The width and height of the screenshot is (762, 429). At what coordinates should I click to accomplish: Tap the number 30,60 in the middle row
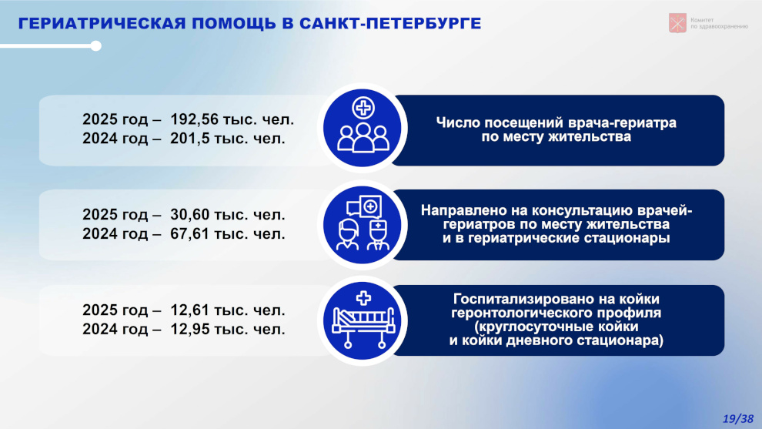(190, 214)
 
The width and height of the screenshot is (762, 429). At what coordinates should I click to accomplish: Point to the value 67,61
(190, 234)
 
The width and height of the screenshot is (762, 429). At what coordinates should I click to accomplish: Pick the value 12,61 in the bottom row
(190, 310)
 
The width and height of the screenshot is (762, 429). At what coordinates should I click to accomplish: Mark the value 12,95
(190, 330)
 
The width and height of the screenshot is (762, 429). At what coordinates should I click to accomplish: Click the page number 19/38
(737, 419)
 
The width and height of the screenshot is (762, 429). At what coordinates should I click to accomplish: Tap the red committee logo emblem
(677, 23)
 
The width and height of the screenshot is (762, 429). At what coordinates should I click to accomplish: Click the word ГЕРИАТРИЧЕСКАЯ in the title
(102, 23)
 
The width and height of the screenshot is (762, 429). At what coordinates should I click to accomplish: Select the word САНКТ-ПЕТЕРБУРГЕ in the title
(390, 23)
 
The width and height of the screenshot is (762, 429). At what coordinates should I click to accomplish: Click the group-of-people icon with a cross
(363, 128)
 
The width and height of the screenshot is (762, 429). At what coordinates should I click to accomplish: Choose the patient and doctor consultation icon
(363, 223)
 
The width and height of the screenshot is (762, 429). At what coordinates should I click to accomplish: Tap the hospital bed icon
(363, 320)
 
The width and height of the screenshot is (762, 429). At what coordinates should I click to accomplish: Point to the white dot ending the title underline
(95, 46)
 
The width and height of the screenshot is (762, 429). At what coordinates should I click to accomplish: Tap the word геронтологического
(525, 312)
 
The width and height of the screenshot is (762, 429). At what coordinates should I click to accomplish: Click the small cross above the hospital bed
(363, 297)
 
